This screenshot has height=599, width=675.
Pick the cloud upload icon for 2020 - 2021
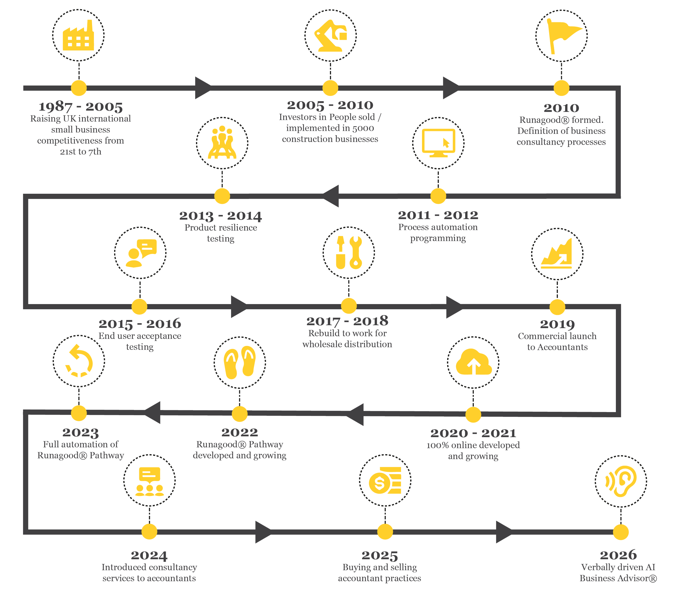[x=474, y=362]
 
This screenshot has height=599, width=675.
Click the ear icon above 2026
[x=621, y=481]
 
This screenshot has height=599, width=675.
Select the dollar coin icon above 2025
[x=385, y=481]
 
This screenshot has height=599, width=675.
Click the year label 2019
[x=558, y=324]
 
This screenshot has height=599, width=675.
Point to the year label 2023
[x=80, y=432]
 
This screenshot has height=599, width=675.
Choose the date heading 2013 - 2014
[x=221, y=216]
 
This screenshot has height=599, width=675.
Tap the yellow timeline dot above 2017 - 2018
[x=349, y=306]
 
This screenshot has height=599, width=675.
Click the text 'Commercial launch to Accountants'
[x=558, y=342]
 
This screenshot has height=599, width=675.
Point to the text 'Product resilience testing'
[x=221, y=233]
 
